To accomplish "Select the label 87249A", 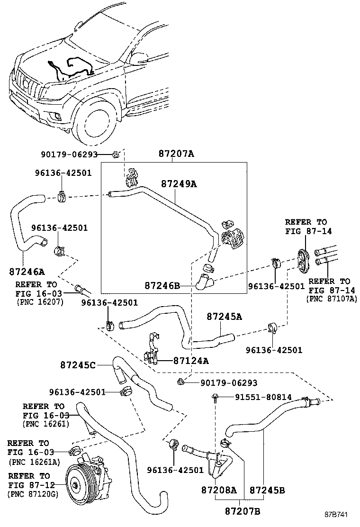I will [178, 183].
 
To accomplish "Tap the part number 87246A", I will [27, 272].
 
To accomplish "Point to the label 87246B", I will [162, 285].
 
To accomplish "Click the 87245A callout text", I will [224, 317].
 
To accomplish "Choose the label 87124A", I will [190, 361].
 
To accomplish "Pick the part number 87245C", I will [78, 365].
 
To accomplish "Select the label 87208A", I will [219, 490].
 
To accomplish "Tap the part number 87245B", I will [267, 490].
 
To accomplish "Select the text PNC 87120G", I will [32, 494].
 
